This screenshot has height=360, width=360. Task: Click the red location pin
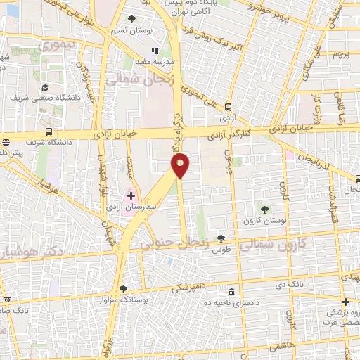181,164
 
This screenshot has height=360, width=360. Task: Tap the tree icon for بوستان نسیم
131,19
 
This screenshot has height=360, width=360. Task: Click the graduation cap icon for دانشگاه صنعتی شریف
46,88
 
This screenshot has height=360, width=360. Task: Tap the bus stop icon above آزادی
227,107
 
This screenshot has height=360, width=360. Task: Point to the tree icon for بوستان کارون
265,209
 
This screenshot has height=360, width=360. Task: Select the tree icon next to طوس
221,239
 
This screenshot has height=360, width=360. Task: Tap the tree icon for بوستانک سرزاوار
124,288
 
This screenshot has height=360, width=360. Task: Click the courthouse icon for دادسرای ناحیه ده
233,292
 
